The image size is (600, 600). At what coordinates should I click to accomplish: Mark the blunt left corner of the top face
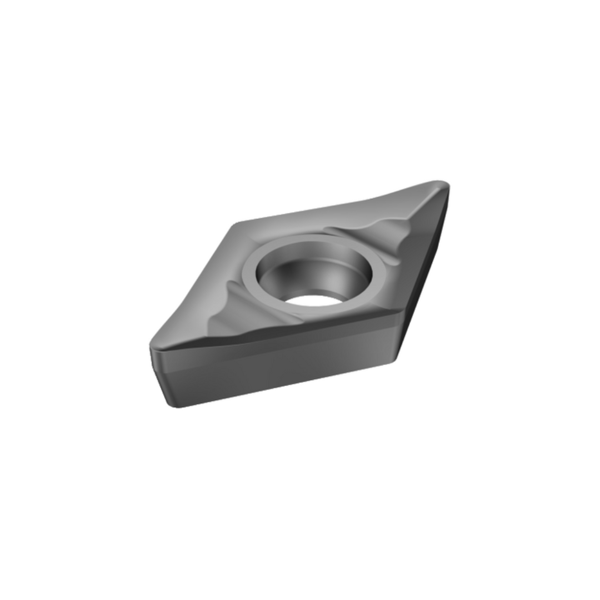(237, 224)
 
